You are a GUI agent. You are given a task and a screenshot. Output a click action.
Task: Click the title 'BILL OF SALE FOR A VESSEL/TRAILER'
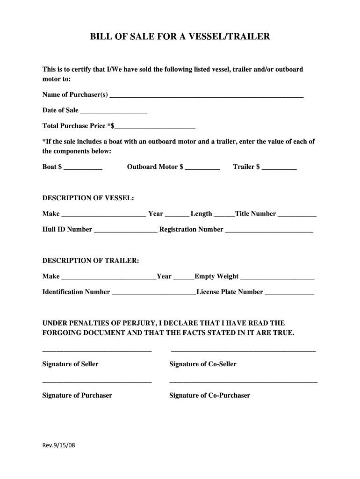[180, 36]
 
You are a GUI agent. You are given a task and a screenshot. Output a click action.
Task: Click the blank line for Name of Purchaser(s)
[206, 96]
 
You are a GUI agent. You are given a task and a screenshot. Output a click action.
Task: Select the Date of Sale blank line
[114, 111]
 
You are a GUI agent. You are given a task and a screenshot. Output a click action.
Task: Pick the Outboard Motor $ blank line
[202, 167]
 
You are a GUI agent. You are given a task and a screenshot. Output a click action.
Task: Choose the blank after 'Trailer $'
[279, 167]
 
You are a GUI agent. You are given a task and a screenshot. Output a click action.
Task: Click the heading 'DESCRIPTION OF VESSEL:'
[88, 198]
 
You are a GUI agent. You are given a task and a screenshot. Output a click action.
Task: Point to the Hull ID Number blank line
[126, 230]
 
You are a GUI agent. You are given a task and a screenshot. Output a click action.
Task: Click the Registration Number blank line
[269, 230]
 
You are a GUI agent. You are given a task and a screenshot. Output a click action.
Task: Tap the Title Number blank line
[297, 215]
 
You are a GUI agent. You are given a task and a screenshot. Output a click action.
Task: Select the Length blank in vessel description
[224, 215]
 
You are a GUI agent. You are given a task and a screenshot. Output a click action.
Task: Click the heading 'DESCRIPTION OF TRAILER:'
[91, 261]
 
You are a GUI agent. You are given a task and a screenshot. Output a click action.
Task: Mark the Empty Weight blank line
[277, 277]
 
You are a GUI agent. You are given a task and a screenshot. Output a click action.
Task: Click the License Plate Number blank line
[290, 293]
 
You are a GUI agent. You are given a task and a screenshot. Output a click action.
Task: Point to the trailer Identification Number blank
[154, 293]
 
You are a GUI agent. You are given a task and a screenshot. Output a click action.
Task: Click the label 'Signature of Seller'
[71, 364]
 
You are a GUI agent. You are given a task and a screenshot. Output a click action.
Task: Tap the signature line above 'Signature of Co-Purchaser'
[243, 383]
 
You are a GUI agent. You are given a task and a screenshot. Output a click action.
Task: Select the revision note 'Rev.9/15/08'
[58, 445]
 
